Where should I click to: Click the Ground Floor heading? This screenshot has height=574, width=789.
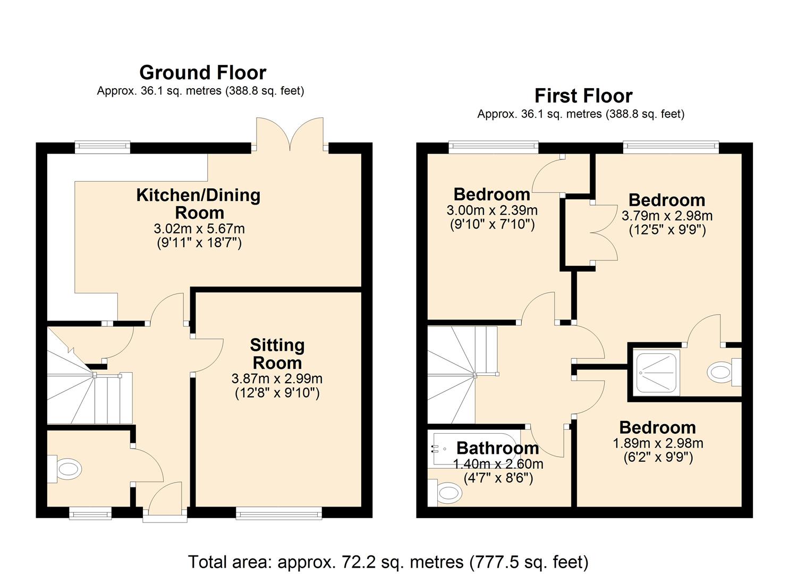[x=202, y=72]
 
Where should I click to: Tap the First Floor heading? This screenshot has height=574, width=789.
[x=583, y=96]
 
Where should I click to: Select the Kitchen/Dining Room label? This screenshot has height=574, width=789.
[x=198, y=204]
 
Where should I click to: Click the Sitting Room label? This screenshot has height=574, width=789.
[x=277, y=354]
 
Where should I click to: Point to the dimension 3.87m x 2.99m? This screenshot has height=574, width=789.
[x=277, y=379]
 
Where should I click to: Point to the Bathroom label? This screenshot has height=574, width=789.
[x=497, y=448]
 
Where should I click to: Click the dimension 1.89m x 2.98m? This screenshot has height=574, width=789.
[x=658, y=443]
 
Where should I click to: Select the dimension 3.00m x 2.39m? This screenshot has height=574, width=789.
[x=492, y=210]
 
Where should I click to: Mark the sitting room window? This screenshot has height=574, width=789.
[x=279, y=512]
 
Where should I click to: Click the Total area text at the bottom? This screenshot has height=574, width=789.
[x=388, y=562]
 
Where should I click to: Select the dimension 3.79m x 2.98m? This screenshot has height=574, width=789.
[x=667, y=216]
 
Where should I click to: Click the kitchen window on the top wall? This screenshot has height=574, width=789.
[x=103, y=147]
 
